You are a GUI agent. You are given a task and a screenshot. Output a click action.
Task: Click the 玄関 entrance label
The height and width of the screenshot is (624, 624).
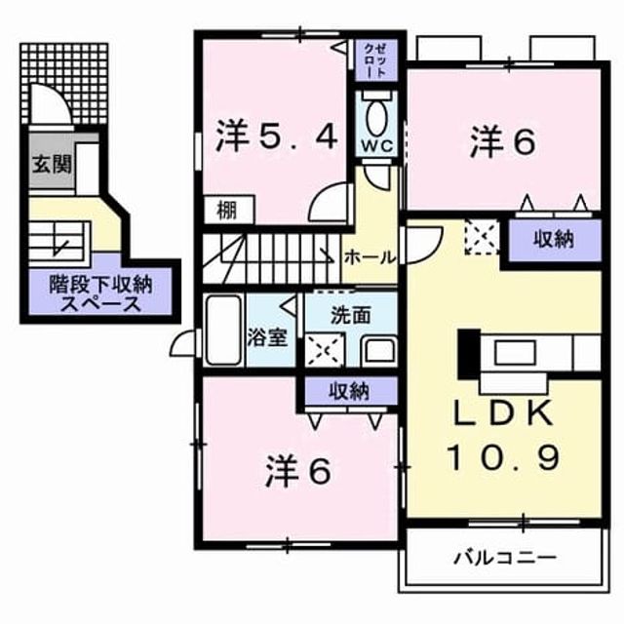(52, 164)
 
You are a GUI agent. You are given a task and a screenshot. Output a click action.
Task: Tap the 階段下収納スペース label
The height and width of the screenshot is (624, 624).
(100, 294)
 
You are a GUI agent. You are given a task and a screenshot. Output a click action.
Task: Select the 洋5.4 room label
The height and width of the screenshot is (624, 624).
(277, 136)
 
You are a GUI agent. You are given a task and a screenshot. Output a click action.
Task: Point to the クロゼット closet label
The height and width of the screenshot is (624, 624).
(375, 60)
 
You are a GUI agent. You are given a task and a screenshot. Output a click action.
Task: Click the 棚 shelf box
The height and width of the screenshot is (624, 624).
(229, 210)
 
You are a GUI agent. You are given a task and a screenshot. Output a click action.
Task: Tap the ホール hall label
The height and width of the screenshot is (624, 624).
(370, 257)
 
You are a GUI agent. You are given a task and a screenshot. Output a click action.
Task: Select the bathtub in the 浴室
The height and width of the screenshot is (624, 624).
(223, 330)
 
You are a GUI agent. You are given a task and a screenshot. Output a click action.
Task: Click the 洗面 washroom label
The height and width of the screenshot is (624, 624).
(351, 315)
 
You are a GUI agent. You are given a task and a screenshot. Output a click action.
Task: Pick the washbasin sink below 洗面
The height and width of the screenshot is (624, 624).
(380, 352)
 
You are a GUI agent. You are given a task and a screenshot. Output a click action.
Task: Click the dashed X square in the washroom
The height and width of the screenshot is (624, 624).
(325, 350)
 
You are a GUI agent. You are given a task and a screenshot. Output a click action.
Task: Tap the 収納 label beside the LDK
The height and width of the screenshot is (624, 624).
(554, 240)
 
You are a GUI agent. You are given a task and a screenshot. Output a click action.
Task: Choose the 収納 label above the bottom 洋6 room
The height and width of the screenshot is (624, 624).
(349, 392)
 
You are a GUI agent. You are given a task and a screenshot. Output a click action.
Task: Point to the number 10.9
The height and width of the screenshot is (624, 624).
(505, 457)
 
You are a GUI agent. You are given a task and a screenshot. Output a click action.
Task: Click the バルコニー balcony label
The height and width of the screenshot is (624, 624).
(505, 557)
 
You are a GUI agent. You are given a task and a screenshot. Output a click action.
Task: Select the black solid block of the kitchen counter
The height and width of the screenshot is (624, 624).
(468, 354)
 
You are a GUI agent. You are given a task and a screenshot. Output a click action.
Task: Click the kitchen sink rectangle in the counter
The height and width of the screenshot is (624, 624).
(514, 353)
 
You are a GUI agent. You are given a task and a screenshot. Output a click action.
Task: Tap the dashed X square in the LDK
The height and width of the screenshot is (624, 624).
(483, 238)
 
